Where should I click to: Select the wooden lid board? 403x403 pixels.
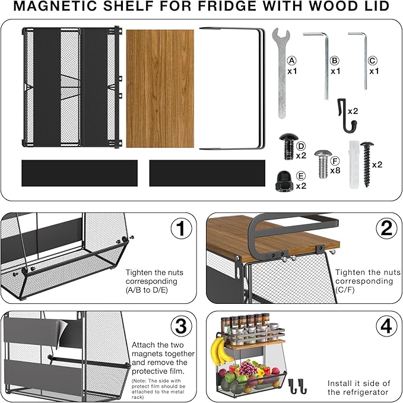pyautogui.click(x=160, y=88)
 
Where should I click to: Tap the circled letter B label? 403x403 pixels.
pyautogui.click(x=335, y=61)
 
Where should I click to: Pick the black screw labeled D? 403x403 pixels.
pyautogui.click(x=288, y=146)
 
